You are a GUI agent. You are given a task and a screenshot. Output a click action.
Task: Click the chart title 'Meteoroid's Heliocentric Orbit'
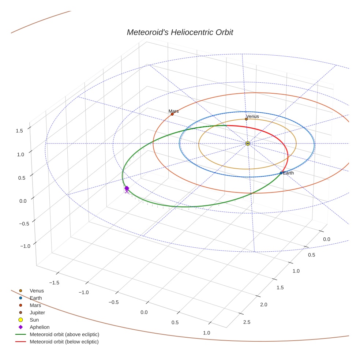180,32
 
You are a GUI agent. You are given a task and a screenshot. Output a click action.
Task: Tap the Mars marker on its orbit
172,114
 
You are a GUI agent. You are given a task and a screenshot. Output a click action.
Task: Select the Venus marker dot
246,119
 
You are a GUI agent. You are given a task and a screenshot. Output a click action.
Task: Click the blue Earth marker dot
281,173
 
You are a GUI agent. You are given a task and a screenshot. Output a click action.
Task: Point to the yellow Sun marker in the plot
248,143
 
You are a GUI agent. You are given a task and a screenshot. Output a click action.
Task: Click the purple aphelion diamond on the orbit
127,188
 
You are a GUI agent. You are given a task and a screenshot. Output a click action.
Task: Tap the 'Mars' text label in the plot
173,111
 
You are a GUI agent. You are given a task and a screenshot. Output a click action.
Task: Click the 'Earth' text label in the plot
288,173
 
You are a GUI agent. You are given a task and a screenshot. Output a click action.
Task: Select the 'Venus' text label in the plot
252,116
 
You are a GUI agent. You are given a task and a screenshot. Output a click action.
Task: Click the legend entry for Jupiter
37,312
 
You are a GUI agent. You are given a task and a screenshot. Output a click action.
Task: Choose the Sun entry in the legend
34,320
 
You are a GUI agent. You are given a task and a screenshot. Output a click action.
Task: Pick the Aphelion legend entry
40,327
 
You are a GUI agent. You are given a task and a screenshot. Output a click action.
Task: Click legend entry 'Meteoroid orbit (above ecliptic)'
64,334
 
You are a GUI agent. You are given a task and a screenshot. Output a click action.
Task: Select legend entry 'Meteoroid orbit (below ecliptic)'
64,342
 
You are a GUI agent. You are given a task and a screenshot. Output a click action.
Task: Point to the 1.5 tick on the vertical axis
20,130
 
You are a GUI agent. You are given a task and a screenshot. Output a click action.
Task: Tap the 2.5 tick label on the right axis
247,322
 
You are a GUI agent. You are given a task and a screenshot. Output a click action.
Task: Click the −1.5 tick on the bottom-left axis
54,282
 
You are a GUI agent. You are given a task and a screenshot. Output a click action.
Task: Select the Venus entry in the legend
37,290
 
